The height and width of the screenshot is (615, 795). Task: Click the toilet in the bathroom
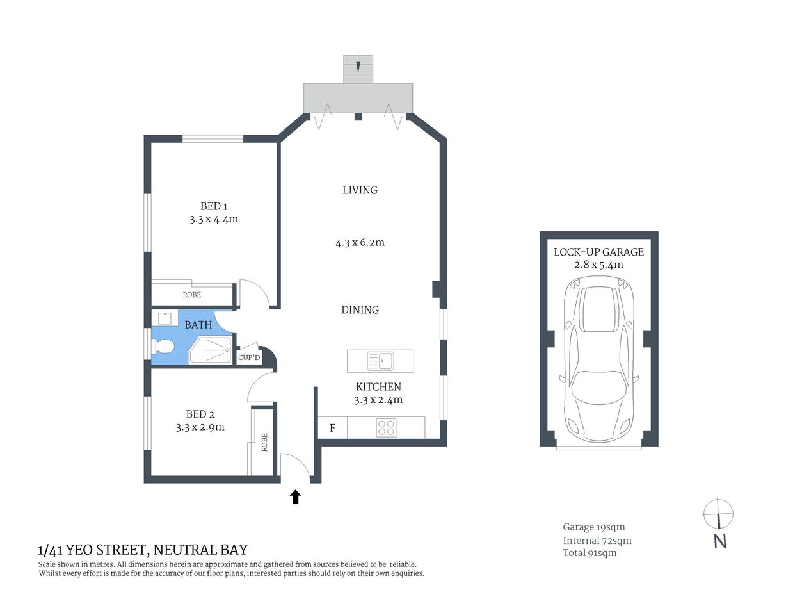tap(164, 347)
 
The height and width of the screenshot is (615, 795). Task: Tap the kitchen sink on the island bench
tap(381, 361)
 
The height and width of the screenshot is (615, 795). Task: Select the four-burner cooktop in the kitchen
tap(386, 427)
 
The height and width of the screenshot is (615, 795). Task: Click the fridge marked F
tap(332, 428)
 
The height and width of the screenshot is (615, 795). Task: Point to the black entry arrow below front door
tap(295, 497)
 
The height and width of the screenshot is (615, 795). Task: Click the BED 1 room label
tap(214, 206)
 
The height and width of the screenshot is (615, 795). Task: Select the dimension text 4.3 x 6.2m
tap(360, 243)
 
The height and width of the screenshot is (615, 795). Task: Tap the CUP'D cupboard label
tap(249, 357)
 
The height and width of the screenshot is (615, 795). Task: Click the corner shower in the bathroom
tap(211, 350)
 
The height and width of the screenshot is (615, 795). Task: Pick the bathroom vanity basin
tap(164, 318)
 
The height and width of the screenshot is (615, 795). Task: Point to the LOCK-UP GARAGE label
tap(598, 252)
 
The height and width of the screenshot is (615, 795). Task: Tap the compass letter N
tap(720, 541)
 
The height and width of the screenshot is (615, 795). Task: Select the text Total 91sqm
tap(590, 553)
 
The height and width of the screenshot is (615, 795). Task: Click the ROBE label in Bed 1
tap(191, 295)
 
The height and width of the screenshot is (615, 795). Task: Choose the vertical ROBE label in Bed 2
tap(264, 443)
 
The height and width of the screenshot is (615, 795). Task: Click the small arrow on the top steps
tap(358, 65)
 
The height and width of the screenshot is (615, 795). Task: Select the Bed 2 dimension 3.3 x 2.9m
tap(200, 427)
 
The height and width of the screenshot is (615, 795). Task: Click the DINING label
tap(360, 310)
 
